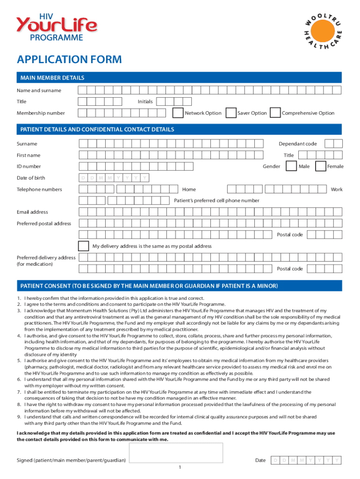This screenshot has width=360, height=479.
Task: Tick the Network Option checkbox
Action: (178, 113)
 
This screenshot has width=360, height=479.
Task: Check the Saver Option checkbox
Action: (230, 113)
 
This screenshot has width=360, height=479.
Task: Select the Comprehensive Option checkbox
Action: (275, 113)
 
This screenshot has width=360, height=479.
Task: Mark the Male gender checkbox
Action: (291, 166)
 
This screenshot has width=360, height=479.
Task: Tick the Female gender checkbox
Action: (321, 166)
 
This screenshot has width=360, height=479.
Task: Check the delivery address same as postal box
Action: (84, 246)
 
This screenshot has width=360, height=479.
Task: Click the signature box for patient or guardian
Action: (176, 453)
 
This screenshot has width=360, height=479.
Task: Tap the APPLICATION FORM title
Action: (69, 59)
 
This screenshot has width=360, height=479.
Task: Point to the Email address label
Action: (32, 212)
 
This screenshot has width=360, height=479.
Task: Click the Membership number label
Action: (41, 113)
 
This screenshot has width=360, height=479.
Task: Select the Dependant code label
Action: (298, 144)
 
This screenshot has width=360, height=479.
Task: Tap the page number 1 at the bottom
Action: (180, 467)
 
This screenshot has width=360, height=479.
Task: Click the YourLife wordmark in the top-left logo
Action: (57, 24)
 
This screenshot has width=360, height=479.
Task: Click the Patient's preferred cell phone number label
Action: (216, 201)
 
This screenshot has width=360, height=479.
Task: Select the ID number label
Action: (29, 167)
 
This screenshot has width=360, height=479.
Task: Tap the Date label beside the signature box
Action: (260, 461)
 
